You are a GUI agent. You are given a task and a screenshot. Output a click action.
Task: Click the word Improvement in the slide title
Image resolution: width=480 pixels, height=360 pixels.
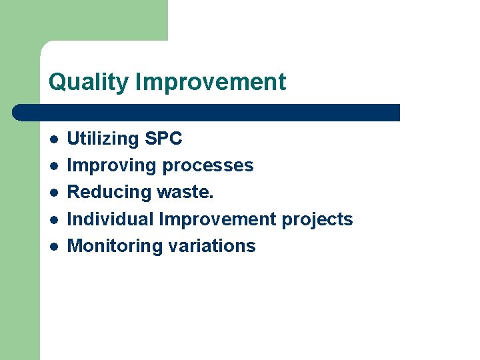click(210, 82)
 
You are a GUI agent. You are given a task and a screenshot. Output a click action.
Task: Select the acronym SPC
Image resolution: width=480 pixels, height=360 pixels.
click(163, 139)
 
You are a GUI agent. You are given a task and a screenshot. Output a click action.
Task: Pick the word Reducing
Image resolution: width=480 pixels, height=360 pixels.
click(109, 193)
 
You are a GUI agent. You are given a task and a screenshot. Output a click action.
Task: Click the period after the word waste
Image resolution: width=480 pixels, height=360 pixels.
click(212, 197)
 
